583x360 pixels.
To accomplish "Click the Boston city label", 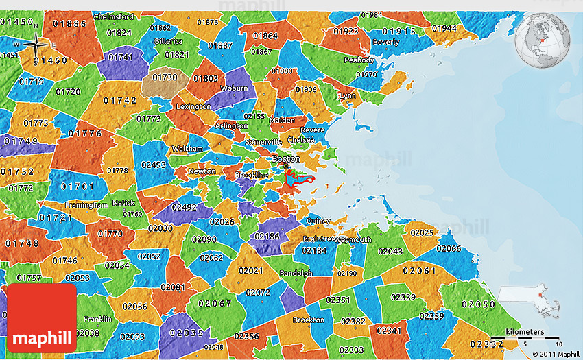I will pyautogui.click(x=286, y=158).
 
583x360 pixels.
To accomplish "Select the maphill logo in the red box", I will pyautogui.click(x=43, y=319).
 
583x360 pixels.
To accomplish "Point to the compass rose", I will pyautogui.click(x=36, y=46).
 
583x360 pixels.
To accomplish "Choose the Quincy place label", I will pyautogui.click(x=318, y=221).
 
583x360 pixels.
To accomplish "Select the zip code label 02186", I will pyautogui.click(x=267, y=236).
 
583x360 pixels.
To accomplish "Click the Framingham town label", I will pyautogui.click(x=86, y=205).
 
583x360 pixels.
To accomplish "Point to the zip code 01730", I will pyautogui.click(x=165, y=78).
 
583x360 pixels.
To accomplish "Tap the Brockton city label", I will pyautogui.click(x=309, y=320).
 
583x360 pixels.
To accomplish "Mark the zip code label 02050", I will pyautogui.click(x=478, y=304).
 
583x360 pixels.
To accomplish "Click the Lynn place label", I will pyautogui.click(x=348, y=96).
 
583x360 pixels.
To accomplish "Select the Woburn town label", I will pyautogui.click(x=234, y=88).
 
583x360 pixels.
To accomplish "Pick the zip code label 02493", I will pyautogui.click(x=154, y=165).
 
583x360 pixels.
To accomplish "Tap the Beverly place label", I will pyautogui.click(x=385, y=42).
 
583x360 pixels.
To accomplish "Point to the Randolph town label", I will pyautogui.click(x=296, y=273).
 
